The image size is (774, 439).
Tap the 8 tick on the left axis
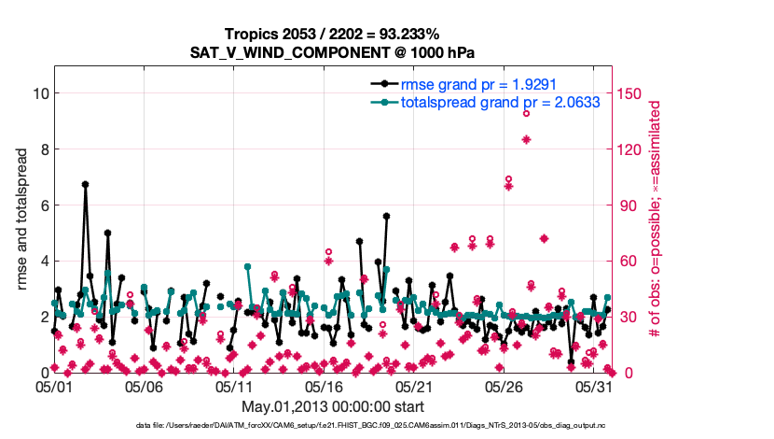tap(42, 149)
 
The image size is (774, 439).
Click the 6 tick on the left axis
tap(42, 205)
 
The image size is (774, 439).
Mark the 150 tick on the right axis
tap(629, 93)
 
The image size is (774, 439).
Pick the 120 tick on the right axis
tap(629, 149)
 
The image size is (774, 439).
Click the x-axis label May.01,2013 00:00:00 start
tap(333, 406)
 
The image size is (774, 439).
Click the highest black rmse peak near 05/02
tap(85, 185)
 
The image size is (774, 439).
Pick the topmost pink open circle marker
tap(526, 113)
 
